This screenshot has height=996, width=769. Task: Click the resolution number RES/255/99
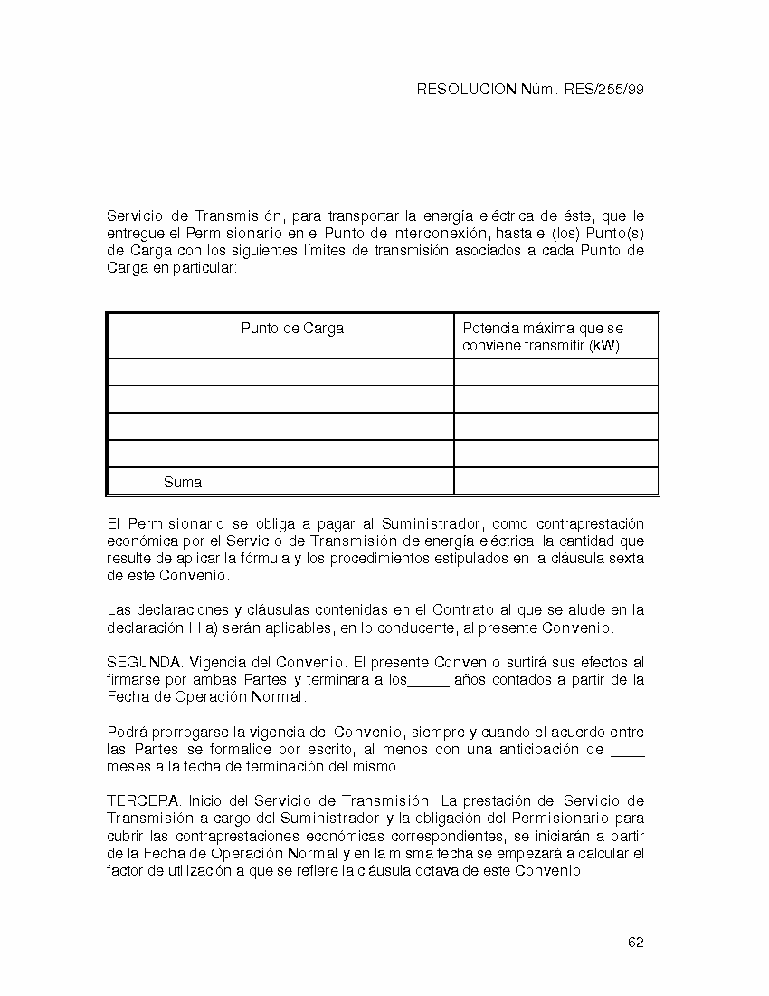click(x=603, y=90)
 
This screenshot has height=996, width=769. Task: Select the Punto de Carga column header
click(x=291, y=329)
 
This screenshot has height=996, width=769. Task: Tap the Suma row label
click(x=183, y=483)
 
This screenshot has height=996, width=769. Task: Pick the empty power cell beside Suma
click(x=555, y=482)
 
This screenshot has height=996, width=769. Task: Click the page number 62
click(x=635, y=943)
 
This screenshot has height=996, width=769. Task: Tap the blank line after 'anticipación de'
click(x=628, y=751)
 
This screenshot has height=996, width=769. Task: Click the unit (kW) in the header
click(x=603, y=346)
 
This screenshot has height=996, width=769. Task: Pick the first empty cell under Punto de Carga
click(x=280, y=371)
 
